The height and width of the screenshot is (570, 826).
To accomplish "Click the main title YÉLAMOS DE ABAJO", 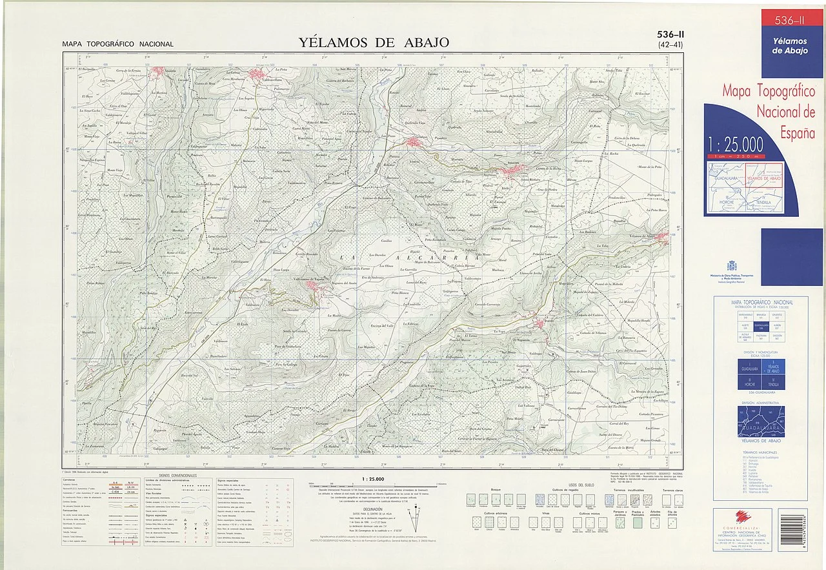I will click(374, 43).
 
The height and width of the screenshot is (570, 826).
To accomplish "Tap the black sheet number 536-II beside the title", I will click(670, 35).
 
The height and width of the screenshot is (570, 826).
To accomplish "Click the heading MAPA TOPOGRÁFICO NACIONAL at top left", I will click(117, 45).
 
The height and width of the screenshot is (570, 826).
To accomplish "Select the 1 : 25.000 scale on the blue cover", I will click(735, 143).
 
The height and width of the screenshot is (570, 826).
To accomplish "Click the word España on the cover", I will click(798, 134).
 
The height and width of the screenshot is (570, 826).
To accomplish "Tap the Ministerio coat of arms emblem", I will click(731, 266).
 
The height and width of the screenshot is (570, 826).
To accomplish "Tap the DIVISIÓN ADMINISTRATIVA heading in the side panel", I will click(760, 403).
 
